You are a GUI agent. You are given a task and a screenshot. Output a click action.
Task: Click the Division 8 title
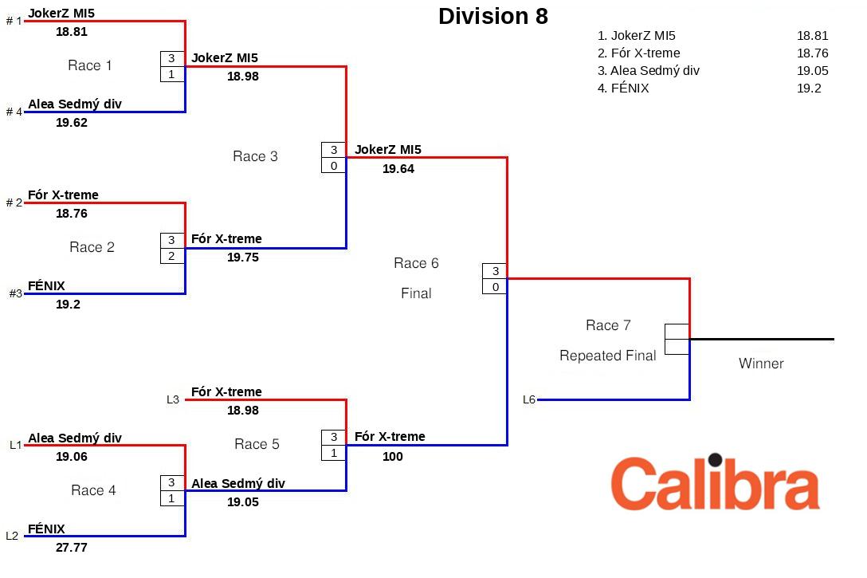(x=493, y=17)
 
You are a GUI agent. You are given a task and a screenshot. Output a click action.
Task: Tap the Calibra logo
(x=715, y=483)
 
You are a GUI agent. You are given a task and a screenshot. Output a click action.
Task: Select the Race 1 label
(x=90, y=65)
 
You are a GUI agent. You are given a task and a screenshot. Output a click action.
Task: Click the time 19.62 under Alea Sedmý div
(x=72, y=123)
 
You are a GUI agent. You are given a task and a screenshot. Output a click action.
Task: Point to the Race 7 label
(x=608, y=325)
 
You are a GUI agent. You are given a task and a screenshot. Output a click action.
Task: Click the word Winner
(x=761, y=364)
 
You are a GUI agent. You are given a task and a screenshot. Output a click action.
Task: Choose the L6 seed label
(x=529, y=399)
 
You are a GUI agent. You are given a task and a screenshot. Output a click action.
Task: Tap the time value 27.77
(x=72, y=548)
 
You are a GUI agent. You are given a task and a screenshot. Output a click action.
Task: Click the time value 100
(x=393, y=457)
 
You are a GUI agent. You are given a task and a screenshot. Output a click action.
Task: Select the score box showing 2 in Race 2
(x=171, y=256)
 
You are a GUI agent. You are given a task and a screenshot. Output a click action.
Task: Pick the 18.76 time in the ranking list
(x=812, y=53)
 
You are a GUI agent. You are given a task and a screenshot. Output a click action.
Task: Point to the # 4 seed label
(x=14, y=112)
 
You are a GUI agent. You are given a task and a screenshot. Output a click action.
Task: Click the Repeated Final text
(x=608, y=356)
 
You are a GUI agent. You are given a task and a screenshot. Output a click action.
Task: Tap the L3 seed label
(x=173, y=399)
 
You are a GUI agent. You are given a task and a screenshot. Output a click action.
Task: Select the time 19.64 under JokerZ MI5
(x=398, y=169)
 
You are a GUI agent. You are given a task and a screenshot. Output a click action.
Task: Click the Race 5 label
(x=257, y=444)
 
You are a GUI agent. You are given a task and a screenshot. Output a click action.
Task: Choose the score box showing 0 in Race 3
(x=334, y=166)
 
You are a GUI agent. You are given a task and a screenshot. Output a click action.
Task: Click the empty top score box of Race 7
(x=677, y=332)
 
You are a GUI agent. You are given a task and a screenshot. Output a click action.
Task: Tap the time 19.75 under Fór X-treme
(x=243, y=258)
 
